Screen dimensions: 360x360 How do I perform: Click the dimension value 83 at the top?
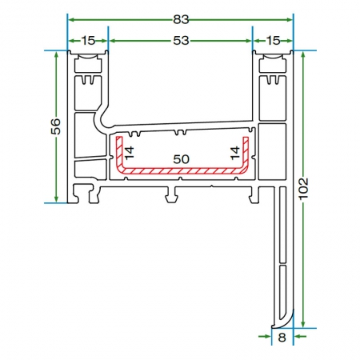(181, 19)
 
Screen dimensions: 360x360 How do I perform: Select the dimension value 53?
(181, 41)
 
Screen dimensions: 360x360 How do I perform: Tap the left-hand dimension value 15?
(88, 41)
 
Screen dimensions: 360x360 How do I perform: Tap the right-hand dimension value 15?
(274, 41)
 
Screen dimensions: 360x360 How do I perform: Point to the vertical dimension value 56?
(55, 126)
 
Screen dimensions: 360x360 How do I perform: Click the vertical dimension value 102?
(303, 189)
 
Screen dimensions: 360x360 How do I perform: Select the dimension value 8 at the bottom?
(282, 338)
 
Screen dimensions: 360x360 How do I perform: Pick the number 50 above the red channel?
(181, 159)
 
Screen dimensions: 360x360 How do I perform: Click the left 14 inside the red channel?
(129, 153)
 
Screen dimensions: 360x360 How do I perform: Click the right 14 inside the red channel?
(235, 153)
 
